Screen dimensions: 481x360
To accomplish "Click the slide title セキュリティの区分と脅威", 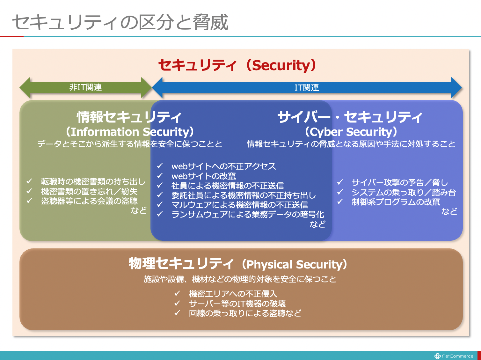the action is click(x=120, y=22).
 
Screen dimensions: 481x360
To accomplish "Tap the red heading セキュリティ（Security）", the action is click(x=237, y=65).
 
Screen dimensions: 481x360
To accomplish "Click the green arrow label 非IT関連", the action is click(x=85, y=87).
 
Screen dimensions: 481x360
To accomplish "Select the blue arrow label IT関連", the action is click(x=307, y=88).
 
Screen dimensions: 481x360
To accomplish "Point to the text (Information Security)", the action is click(x=130, y=132).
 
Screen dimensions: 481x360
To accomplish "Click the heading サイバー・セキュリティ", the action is click(x=350, y=117).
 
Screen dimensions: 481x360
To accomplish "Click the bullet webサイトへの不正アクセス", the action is click(x=223, y=166).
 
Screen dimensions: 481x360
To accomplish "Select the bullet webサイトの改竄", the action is click(x=204, y=176).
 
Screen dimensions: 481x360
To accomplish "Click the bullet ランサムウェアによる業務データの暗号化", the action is click(x=248, y=214).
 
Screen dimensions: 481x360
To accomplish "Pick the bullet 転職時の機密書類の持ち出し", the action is click(x=93, y=182).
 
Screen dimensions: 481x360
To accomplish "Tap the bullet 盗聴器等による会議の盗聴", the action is click(x=89, y=201).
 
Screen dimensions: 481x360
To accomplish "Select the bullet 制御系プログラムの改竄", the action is click(x=396, y=202).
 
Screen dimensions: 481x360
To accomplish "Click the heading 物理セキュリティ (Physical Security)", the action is click(x=238, y=264).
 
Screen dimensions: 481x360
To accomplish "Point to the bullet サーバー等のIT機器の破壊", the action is click(x=237, y=304).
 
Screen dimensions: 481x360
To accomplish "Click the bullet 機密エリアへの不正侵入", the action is click(x=233, y=294).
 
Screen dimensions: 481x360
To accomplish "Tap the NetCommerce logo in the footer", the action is click(x=454, y=356).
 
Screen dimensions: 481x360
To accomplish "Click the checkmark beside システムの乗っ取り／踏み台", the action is click(x=340, y=192).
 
